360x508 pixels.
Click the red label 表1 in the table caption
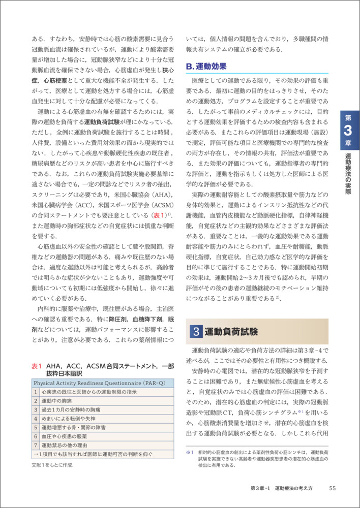[36, 365]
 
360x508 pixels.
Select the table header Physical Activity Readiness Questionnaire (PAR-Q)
[92, 383]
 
